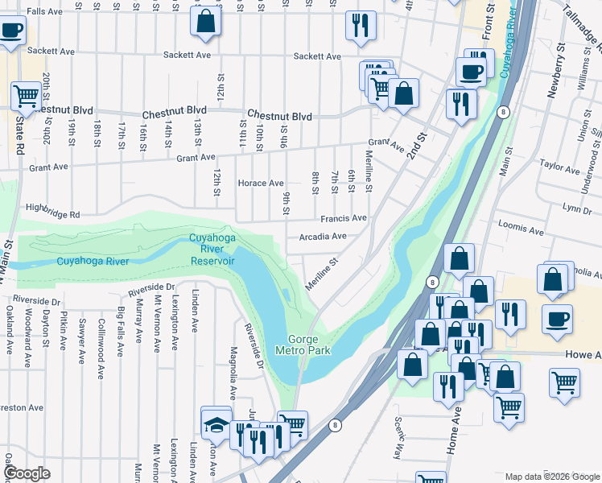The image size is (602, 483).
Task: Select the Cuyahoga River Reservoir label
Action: (212, 249)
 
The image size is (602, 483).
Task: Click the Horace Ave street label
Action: (260, 183)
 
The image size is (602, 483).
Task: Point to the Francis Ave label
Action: (344, 218)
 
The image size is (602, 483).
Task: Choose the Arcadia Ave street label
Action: (322, 237)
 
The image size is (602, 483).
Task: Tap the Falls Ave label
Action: (45, 11)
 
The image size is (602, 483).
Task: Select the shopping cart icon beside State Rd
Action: (26, 96)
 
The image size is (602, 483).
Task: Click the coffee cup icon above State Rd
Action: (11, 31)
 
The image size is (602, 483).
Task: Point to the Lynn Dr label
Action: (577, 208)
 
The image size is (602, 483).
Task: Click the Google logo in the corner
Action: (27, 473)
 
